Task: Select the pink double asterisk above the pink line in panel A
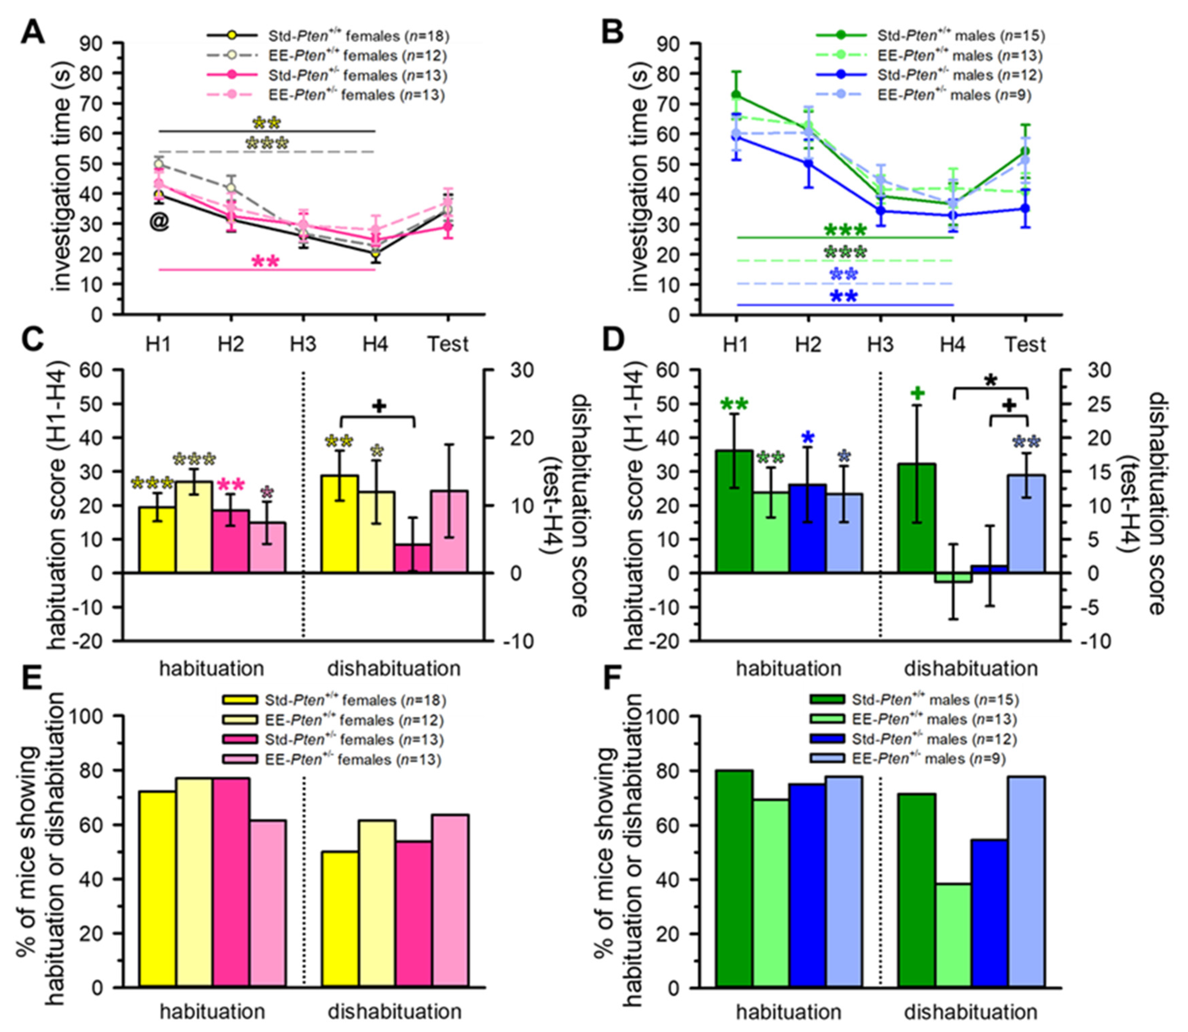click(266, 262)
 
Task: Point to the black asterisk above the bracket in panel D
click(990, 381)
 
